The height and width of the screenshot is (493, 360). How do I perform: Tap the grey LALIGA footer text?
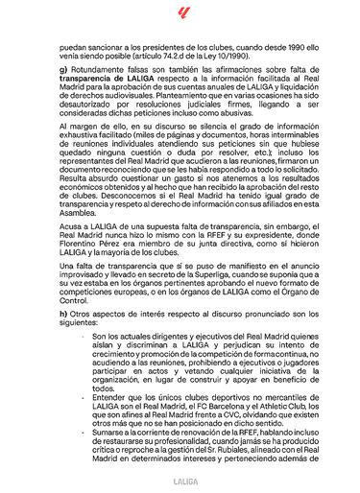(180, 476)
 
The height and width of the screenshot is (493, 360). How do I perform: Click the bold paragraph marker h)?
(64, 317)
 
